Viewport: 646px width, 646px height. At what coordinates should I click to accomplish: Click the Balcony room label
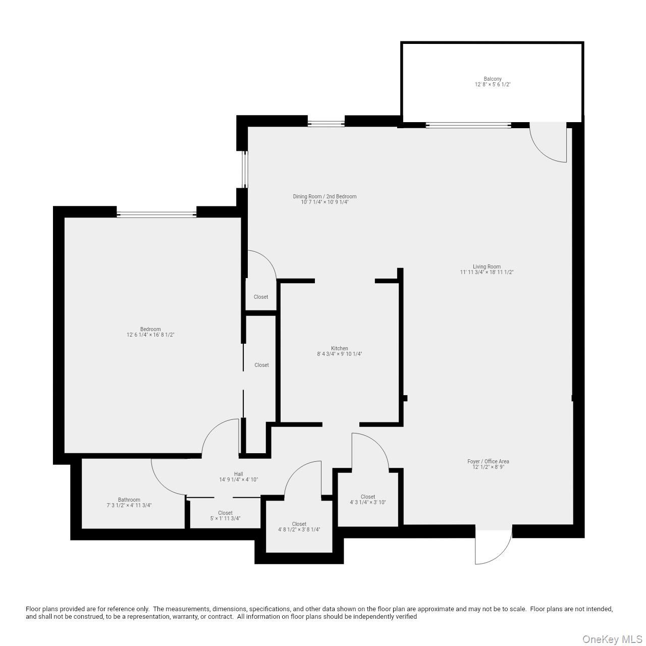[x=493, y=79]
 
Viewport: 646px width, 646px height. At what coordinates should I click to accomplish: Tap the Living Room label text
[x=487, y=266]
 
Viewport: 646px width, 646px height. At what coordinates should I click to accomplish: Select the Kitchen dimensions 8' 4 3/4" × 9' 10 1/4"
[x=339, y=354]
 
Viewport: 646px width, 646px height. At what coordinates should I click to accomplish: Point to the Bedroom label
[x=150, y=329]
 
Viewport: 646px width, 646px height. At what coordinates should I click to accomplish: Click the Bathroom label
[x=129, y=500]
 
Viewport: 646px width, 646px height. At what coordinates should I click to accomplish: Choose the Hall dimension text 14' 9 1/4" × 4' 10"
[x=238, y=480]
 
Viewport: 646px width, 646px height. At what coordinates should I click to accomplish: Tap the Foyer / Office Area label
[x=488, y=461]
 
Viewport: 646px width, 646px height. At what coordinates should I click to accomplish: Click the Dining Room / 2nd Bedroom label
[x=325, y=196]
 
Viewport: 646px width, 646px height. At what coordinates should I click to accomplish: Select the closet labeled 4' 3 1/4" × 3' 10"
[x=368, y=500]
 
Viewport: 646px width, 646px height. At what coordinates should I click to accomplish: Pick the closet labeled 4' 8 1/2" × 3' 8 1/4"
[x=299, y=527]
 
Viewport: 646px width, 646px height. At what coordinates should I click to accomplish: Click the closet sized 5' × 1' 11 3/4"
[x=225, y=516]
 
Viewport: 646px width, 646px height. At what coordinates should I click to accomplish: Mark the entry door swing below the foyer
[x=492, y=546]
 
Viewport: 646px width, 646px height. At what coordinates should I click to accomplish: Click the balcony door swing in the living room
[x=549, y=144]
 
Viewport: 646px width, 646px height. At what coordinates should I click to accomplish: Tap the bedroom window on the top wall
[x=156, y=214]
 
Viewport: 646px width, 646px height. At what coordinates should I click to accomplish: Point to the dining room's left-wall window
[x=245, y=169]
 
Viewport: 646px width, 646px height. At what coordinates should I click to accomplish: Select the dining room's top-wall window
[x=326, y=123]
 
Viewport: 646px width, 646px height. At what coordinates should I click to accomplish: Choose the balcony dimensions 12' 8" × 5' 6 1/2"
[x=493, y=85]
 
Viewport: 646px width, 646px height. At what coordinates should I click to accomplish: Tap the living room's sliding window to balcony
[x=468, y=125]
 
